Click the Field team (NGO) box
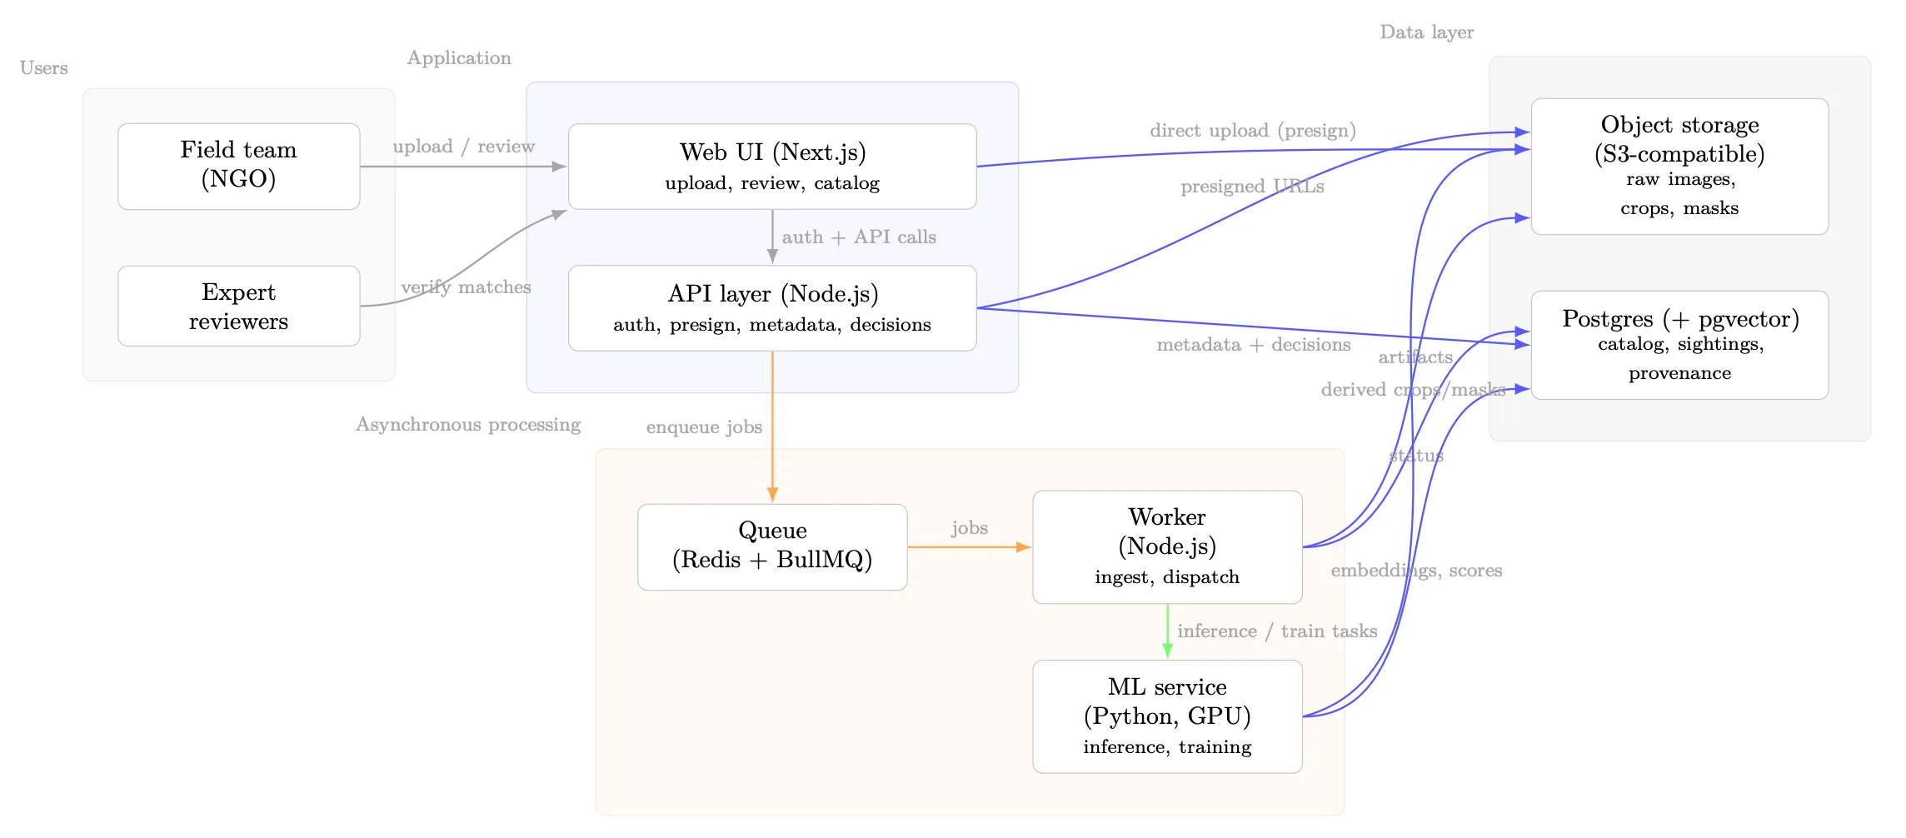238,166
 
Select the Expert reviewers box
238,306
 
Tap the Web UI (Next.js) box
771,166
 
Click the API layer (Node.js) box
771,307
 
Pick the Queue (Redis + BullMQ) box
771,546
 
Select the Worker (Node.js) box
1166,546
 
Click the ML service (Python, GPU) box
1166,716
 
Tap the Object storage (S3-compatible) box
1679,166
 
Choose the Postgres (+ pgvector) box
1679,344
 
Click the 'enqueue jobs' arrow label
704,427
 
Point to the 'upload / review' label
463,147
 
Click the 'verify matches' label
466,287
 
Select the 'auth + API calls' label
859,237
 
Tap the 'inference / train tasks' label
1276,631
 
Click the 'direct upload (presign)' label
1252,131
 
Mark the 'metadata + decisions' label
1253,345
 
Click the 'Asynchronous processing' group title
468,425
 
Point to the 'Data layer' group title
1426,32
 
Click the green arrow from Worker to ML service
1167,631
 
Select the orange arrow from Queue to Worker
968,547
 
